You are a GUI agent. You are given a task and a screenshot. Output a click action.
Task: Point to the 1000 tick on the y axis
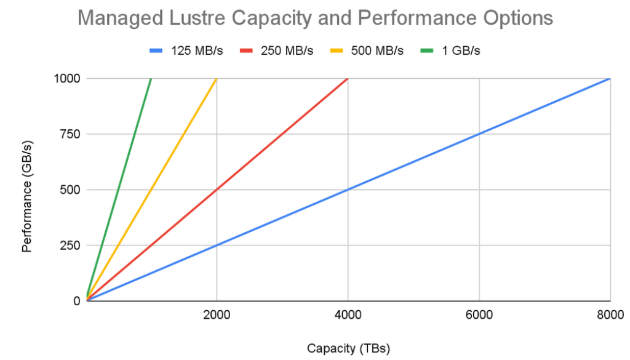tap(66, 79)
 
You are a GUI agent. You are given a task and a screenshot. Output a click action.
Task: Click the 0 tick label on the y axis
tap(77, 301)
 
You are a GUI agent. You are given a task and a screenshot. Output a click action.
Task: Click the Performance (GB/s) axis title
tap(27, 190)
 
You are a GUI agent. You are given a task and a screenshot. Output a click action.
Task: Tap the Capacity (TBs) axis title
tap(348, 348)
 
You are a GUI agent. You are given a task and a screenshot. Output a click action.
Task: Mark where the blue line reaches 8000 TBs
tap(610, 79)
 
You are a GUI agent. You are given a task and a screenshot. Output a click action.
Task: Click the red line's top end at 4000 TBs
tap(348, 79)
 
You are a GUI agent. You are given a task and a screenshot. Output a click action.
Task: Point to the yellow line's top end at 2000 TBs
tap(217, 79)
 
